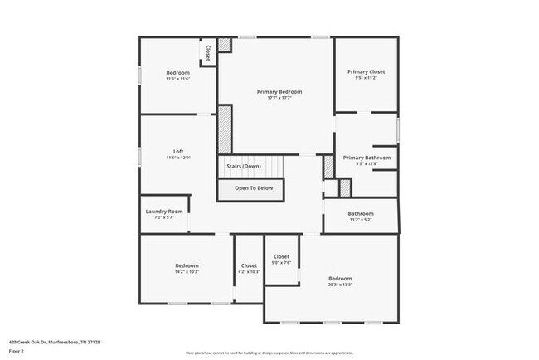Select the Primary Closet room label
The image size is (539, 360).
[365, 72]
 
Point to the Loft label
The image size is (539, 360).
[178, 151]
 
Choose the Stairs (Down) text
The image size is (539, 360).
[244, 166]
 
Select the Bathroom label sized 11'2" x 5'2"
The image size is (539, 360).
[361, 213]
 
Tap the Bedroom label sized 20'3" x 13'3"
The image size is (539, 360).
[340, 278]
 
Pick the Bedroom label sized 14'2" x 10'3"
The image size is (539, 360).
[187, 265]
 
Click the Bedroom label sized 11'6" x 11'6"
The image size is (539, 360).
[177, 73]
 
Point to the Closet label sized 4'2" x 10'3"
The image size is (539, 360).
[249, 265]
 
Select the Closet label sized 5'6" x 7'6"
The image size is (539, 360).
[281, 257]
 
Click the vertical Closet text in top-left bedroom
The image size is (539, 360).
[208, 52]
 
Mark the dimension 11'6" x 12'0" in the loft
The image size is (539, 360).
[178, 158]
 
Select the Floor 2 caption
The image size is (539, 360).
[17, 351]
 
